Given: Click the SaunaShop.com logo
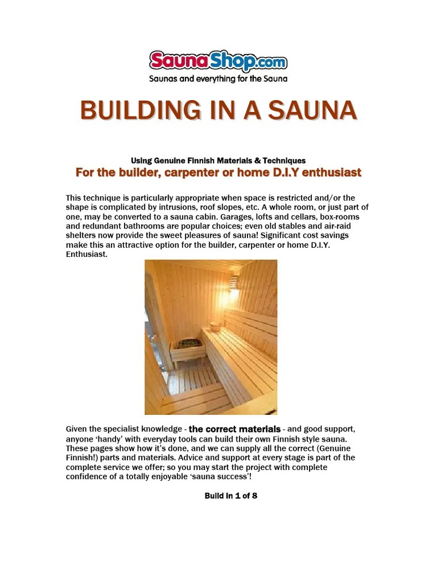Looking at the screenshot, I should (218, 61).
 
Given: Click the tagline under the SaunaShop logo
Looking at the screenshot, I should (218, 78).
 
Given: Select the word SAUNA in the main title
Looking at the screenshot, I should (312, 110).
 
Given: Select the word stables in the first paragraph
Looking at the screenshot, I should (283, 226).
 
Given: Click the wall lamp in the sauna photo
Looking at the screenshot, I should (234, 282).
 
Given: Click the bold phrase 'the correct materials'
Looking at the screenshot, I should (234, 429).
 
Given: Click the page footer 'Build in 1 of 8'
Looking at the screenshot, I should (230, 496).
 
